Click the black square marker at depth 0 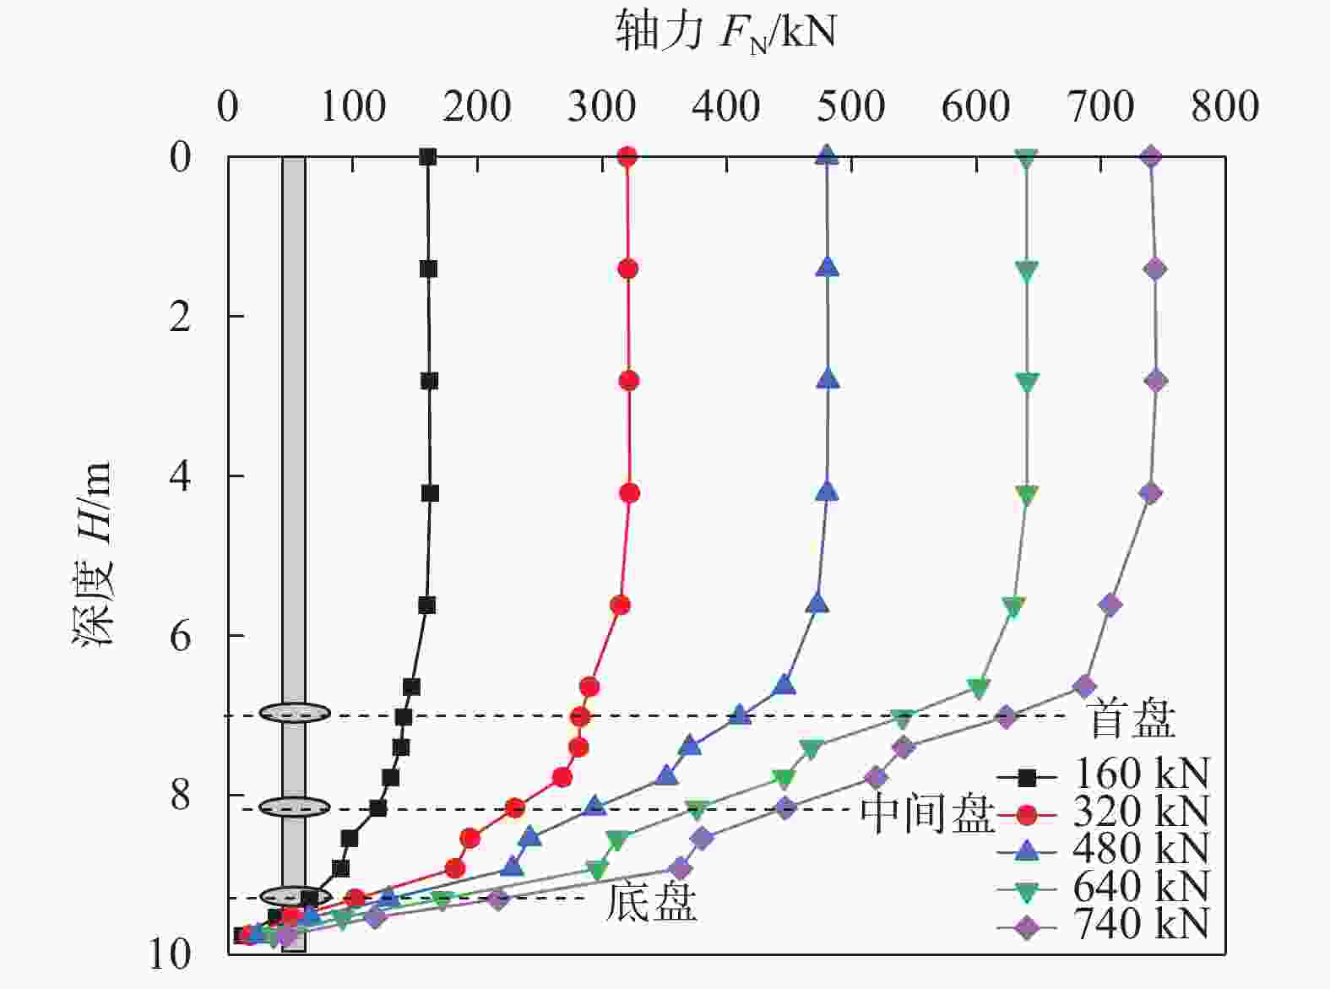[x=428, y=156]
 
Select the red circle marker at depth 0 [x=627, y=156]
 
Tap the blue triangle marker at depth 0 [x=828, y=155]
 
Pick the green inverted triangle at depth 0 [x=1026, y=158]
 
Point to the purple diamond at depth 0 [x=1151, y=156]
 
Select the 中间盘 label [x=927, y=814]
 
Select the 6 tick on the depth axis [x=181, y=636]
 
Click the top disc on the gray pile [x=294, y=713]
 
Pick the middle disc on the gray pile [x=294, y=807]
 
